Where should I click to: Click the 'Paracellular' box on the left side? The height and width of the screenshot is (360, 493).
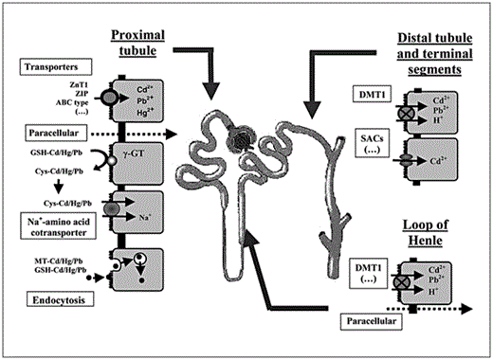58,134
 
